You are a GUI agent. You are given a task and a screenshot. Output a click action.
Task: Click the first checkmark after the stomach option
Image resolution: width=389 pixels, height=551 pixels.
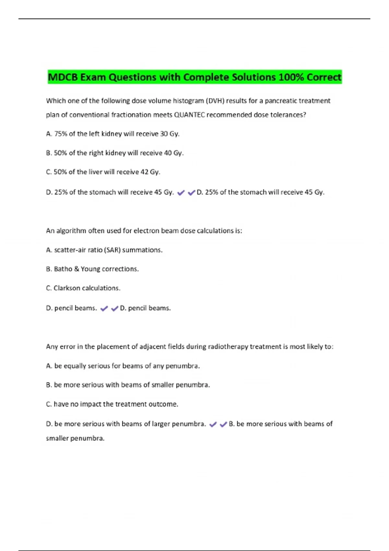point(181,193)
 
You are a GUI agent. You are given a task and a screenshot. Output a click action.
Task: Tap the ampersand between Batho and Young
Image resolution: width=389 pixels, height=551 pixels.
point(77,269)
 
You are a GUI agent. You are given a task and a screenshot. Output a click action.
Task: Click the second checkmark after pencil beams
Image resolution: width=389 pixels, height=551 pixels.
point(114,309)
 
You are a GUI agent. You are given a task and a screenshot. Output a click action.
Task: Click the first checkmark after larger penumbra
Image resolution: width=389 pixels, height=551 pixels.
point(213,424)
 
